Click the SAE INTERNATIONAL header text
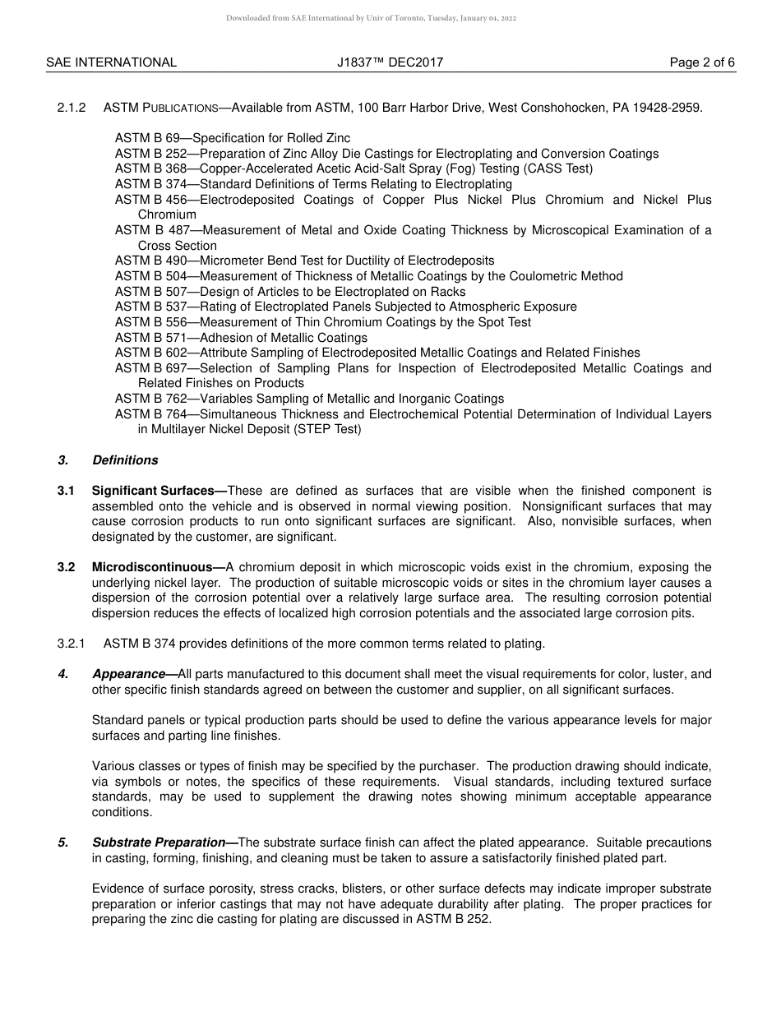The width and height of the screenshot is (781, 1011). pos(111,62)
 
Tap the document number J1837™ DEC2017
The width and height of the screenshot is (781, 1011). pos(390,62)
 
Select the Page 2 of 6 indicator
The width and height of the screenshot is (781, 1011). pos(702,62)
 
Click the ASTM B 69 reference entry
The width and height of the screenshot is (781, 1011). pos(152,138)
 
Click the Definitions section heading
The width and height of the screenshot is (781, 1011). pos(125,460)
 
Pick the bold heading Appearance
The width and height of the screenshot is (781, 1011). pos(128,674)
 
